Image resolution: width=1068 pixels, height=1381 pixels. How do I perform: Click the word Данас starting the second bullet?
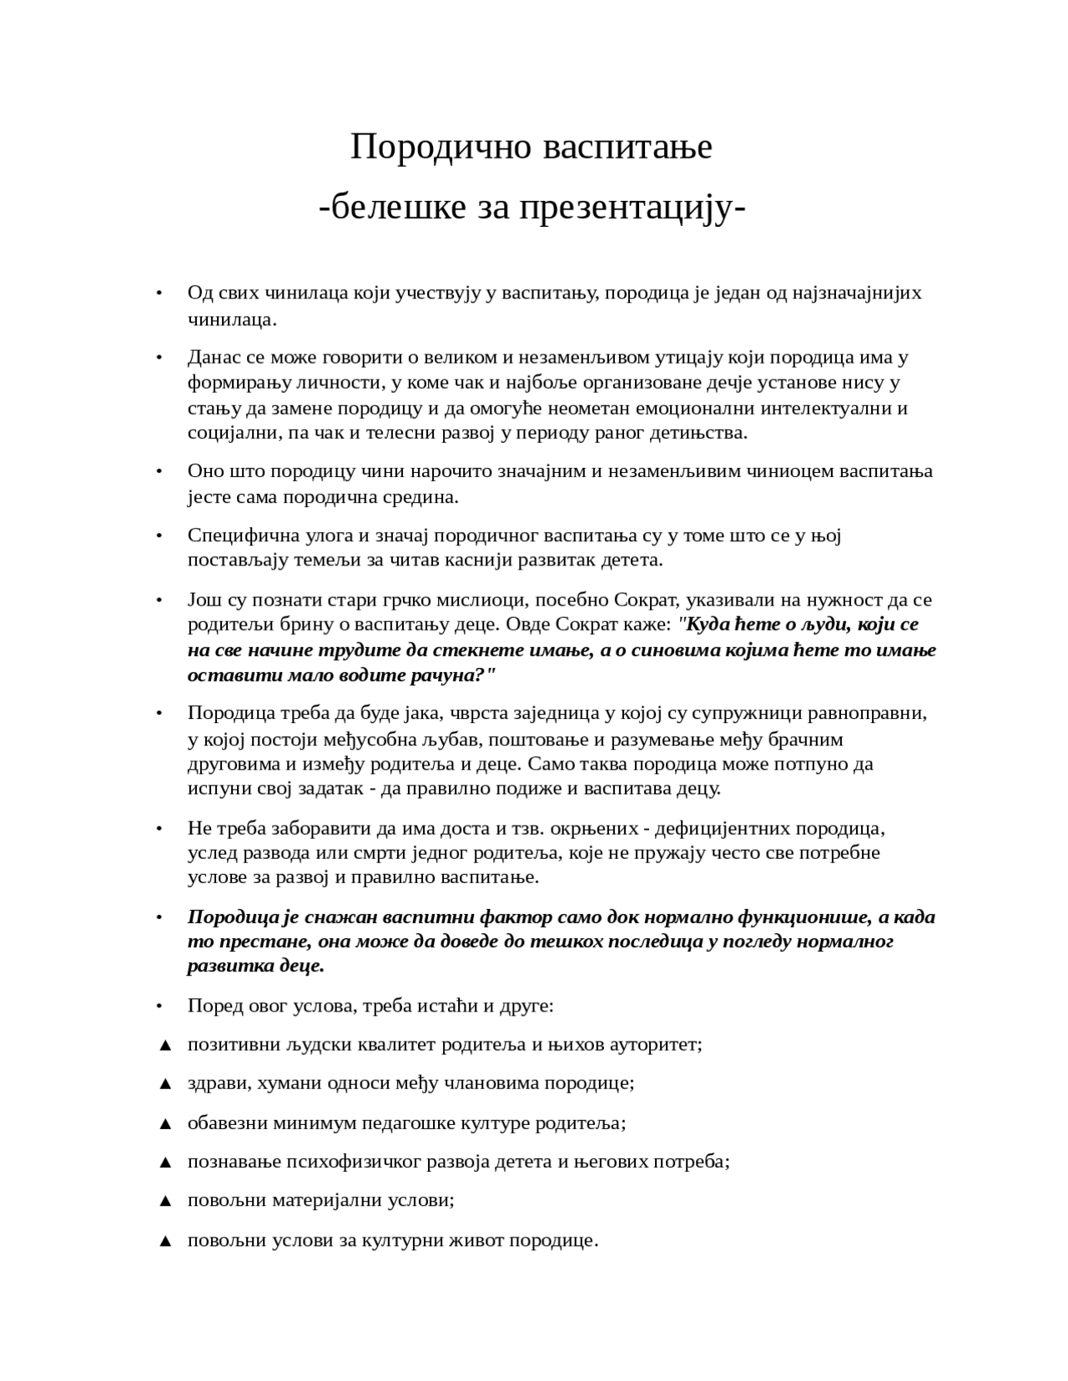(214, 358)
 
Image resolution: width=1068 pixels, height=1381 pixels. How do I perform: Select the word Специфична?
(235, 535)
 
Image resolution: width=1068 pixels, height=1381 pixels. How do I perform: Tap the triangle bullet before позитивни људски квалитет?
(164, 1045)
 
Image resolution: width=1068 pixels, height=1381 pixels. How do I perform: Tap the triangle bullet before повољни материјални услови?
(164, 1201)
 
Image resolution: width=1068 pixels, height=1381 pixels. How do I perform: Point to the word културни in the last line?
(404, 1240)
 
